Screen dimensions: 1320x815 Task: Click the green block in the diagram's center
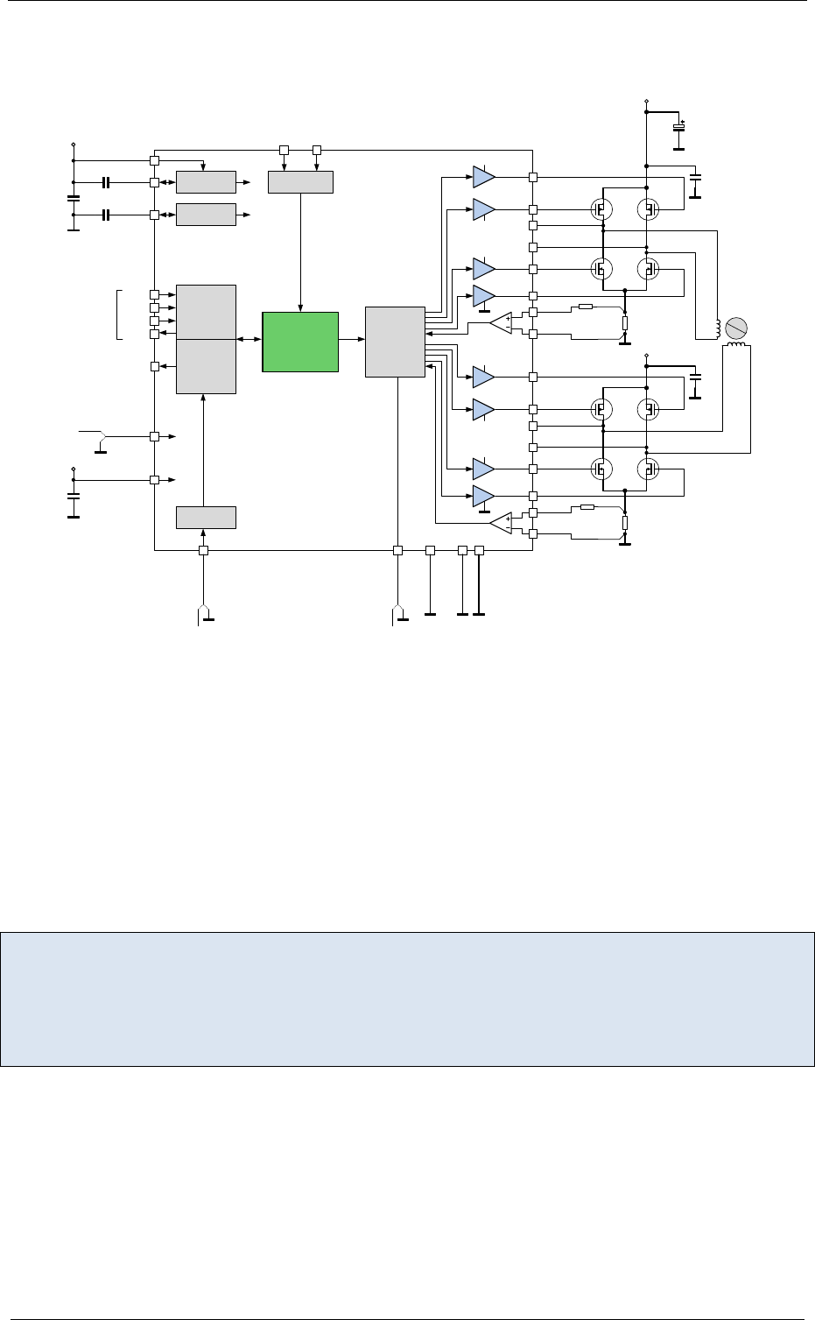pyautogui.click(x=300, y=341)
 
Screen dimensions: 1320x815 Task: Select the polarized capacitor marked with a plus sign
pyautogui.click(x=678, y=128)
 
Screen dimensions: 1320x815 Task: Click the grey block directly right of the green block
pyautogui.click(x=395, y=341)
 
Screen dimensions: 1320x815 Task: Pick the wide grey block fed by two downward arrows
pyautogui.click(x=300, y=181)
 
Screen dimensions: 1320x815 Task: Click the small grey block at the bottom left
pyautogui.click(x=206, y=517)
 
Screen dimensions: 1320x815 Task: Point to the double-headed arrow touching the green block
pyautogui.click(x=249, y=340)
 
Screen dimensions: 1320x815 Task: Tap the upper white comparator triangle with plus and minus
pyautogui.click(x=502, y=322)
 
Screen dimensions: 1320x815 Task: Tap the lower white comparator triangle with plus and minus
pyautogui.click(x=502, y=524)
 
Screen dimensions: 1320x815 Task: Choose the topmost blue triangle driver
pyautogui.click(x=483, y=177)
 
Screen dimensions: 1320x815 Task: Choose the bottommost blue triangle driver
pyautogui.click(x=483, y=497)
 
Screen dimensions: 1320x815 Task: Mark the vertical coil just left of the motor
pyautogui.click(x=718, y=328)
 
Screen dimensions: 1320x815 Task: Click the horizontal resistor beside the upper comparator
pyautogui.click(x=586, y=307)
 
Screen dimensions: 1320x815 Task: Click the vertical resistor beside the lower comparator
pyautogui.click(x=624, y=524)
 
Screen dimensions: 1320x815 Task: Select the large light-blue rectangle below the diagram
pyautogui.click(x=407, y=999)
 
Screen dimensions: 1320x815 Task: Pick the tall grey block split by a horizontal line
pyautogui.click(x=206, y=339)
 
